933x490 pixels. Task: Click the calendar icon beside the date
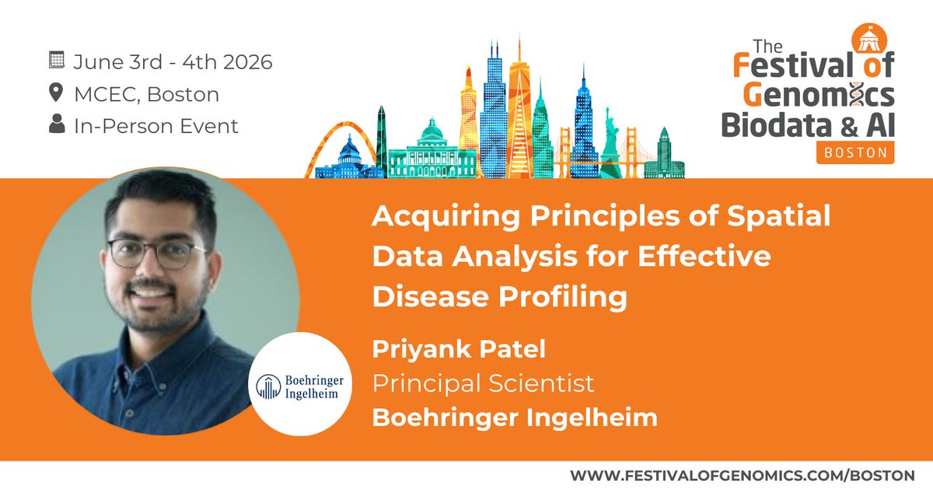56,61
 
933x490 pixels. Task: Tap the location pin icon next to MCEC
56,94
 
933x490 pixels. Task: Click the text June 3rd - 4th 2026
173,61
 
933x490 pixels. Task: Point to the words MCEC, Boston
146,95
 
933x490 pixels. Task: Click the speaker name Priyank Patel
459,349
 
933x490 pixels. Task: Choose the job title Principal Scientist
483,383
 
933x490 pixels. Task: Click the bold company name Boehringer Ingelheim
515,418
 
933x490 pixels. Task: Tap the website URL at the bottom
743,474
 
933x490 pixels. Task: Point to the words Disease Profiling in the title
499,296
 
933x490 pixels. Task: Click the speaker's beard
159,311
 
